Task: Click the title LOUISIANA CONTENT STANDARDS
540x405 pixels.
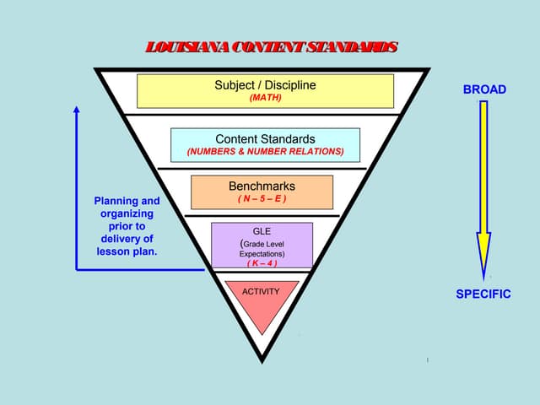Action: (x=270, y=46)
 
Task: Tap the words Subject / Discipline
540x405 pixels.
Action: (x=265, y=84)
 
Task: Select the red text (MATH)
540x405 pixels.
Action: (x=265, y=97)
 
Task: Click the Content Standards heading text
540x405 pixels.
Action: (x=265, y=138)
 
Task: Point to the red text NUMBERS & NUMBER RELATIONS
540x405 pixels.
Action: (x=265, y=152)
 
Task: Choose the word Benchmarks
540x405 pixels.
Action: (x=262, y=186)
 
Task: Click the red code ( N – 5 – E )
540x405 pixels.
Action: (x=262, y=199)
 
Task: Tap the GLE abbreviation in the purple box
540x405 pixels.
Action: (x=262, y=230)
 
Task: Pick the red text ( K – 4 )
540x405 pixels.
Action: (x=262, y=262)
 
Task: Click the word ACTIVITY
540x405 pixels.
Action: (x=261, y=291)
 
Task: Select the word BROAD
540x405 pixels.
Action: (x=484, y=89)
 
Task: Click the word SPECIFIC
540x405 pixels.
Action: (x=483, y=294)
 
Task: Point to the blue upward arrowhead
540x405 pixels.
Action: (x=77, y=111)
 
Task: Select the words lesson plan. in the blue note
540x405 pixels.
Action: (x=127, y=251)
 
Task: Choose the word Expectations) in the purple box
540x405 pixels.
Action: (x=262, y=253)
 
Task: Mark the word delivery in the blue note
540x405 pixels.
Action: (x=120, y=239)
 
